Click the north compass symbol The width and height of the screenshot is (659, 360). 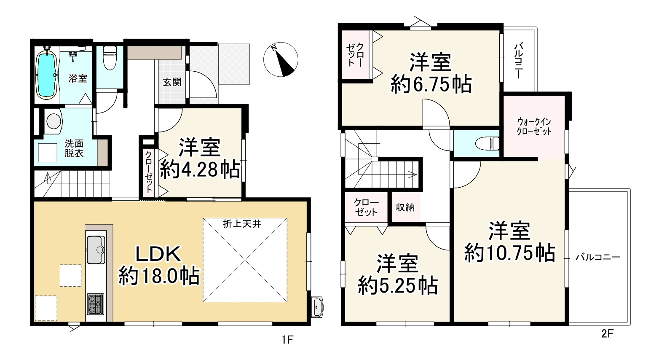tap(280, 61)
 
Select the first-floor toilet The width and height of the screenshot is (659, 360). tap(110, 57)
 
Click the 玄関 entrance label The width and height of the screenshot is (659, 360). tap(172, 82)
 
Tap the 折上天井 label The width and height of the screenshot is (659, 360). tap(243, 224)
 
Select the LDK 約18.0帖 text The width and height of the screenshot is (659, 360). tap(158, 266)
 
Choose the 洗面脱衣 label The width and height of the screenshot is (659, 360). tap(74, 148)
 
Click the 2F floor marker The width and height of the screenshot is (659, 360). tap(607, 334)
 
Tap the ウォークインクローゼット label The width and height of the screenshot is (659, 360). tap(534, 126)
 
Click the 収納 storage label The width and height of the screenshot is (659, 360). tap(405, 207)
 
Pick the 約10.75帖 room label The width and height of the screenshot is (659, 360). tap(509, 242)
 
